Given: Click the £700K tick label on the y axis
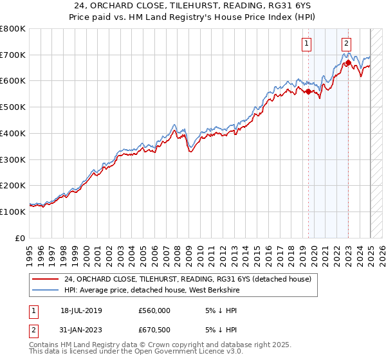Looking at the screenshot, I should [13, 55].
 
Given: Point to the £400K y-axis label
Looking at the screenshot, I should [13, 133].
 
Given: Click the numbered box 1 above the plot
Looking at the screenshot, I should [306, 44].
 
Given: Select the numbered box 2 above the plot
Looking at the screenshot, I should [346, 44].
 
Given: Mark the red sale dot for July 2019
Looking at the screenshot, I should [308, 92].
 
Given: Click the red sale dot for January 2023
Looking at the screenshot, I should [348, 63].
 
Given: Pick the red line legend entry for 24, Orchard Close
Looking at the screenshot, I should [187, 279].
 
